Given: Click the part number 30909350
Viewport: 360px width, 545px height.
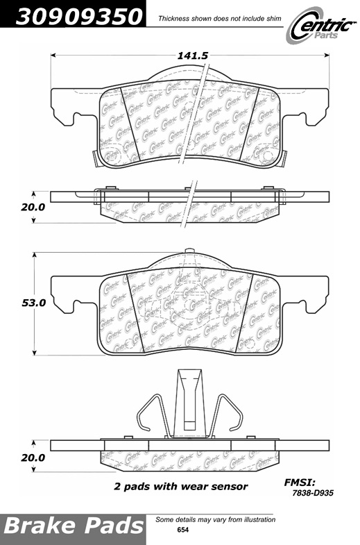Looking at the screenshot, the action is point(79,17).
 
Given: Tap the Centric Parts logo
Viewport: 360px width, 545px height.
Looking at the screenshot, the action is point(321,27).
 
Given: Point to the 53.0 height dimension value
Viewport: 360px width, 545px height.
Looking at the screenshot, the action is point(34,303).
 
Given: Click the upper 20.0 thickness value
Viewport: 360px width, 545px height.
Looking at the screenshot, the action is point(33,207).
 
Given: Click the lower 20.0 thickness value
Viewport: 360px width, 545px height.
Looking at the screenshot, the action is point(33,458).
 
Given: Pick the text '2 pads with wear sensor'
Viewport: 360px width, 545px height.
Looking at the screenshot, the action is point(180,486).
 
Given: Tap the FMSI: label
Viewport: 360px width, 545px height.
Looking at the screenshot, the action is point(300,482).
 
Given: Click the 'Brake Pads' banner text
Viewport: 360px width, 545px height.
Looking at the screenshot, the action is point(74,525).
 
